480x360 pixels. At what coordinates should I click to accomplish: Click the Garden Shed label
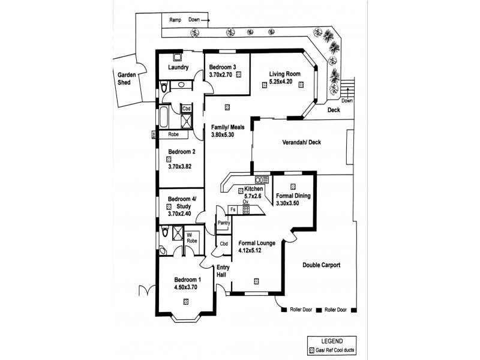[x=127, y=79]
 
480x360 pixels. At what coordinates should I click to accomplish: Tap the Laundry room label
[x=179, y=68]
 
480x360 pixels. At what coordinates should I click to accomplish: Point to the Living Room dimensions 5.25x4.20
[x=284, y=82]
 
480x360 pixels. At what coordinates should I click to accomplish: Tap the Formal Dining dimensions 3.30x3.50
[x=292, y=203]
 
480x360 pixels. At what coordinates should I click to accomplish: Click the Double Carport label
[x=322, y=265]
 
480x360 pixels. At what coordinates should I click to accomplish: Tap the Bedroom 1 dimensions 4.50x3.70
[x=185, y=287]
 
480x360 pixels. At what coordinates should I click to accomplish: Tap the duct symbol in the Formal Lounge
[x=256, y=280]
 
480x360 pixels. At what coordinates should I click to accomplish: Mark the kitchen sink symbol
[x=261, y=178]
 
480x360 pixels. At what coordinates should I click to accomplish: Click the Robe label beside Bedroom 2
[x=173, y=135]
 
